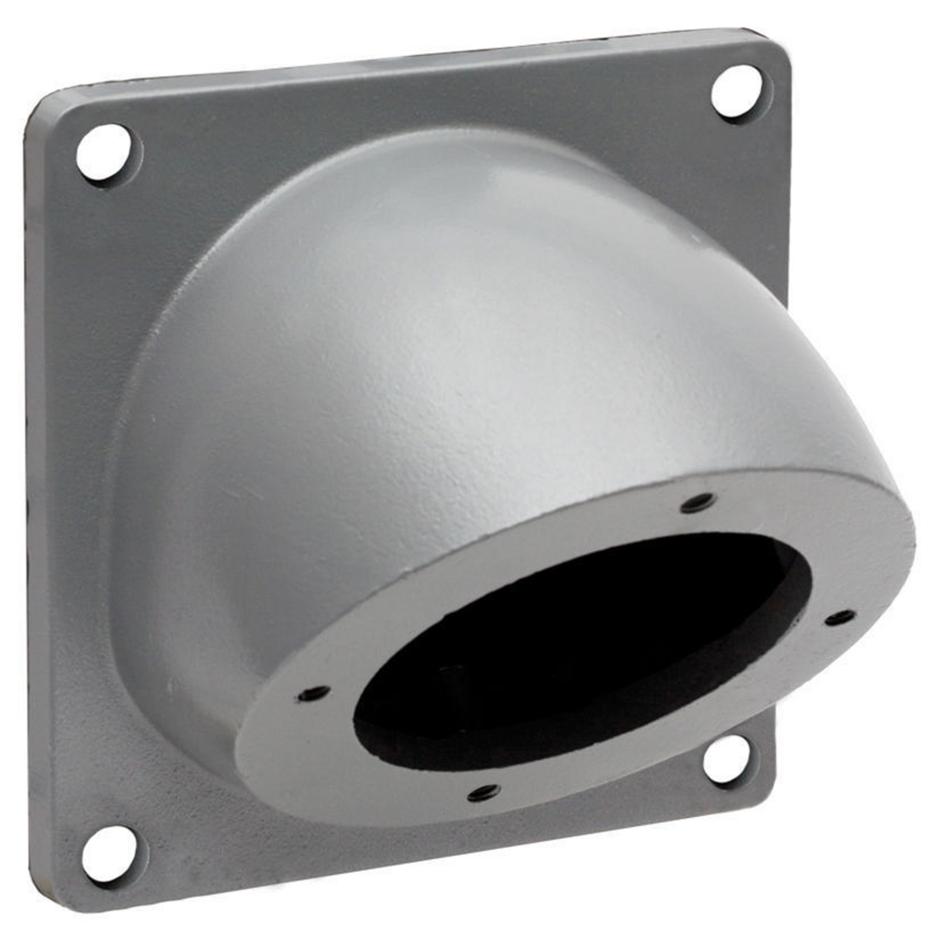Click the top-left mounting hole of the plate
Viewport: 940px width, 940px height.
click(x=104, y=152)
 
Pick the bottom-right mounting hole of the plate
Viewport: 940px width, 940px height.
click(x=726, y=760)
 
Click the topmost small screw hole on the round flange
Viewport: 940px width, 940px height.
click(x=698, y=502)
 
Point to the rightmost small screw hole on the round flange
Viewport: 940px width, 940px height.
click(x=839, y=618)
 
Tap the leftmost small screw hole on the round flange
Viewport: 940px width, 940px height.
click(x=313, y=693)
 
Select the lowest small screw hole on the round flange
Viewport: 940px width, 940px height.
click(x=483, y=792)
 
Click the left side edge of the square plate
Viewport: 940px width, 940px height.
click(x=31, y=505)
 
